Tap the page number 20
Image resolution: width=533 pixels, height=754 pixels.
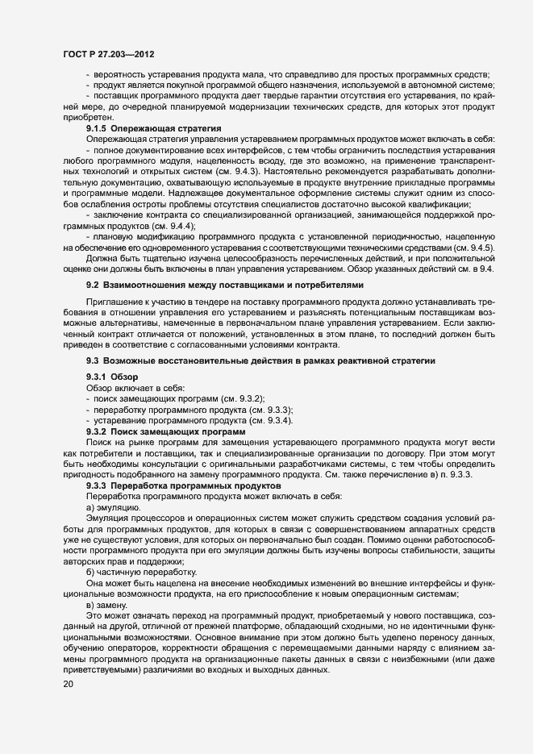tap(69, 685)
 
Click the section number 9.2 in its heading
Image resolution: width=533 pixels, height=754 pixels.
tap(92, 285)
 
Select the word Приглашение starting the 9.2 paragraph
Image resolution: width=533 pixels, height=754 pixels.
tap(114, 300)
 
